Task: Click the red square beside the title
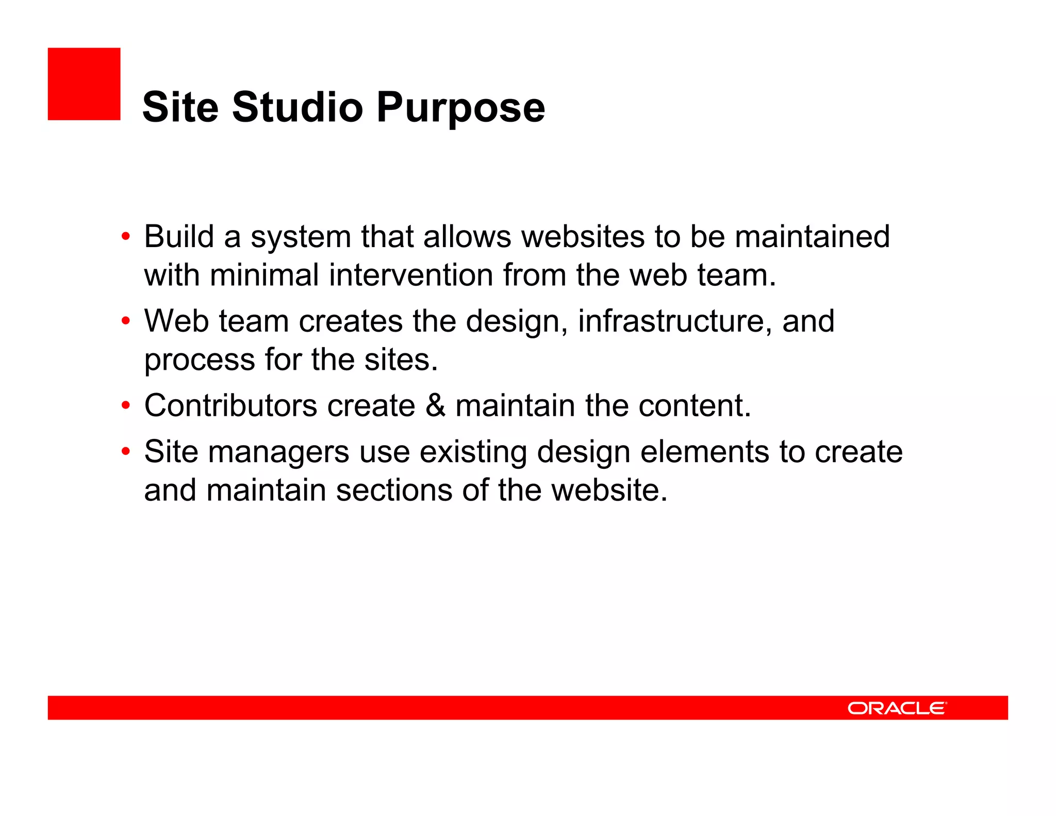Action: click(84, 84)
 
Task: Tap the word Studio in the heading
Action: click(298, 107)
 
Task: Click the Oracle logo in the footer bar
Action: click(897, 708)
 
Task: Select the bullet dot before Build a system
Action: click(126, 237)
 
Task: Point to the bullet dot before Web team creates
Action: click(126, 321)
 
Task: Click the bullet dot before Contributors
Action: click(126, 405)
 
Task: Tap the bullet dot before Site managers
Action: click(126, 452)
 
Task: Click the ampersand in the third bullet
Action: click(435, 405)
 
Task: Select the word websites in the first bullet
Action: click(583, 237)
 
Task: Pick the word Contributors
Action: click(230, 405)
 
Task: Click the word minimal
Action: click(264, 275)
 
